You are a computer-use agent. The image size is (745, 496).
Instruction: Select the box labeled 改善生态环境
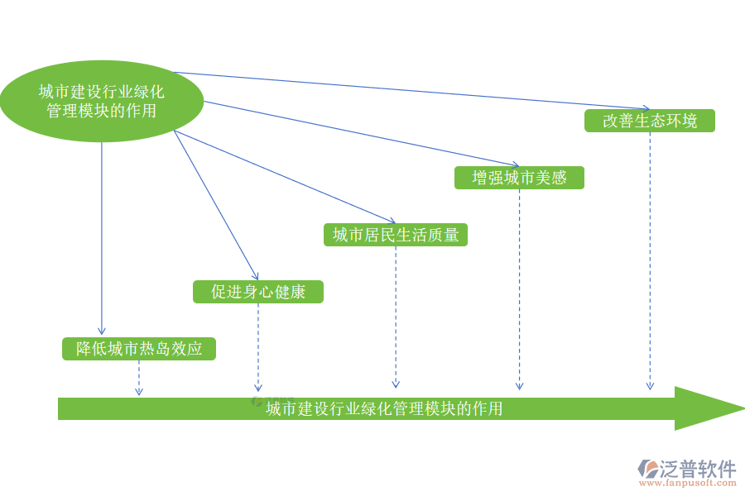tap(649, 121)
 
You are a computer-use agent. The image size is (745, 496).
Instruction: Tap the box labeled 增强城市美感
tap(519, 178)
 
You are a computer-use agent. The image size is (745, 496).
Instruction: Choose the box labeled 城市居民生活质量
tap(396, 235)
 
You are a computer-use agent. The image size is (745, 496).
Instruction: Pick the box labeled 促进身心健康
tap(257, 292)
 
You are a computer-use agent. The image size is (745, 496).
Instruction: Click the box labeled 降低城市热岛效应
tap(139, 349)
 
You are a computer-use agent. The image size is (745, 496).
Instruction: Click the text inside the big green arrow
tap(384, 408)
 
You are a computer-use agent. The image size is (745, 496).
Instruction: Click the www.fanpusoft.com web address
tap(686, 484)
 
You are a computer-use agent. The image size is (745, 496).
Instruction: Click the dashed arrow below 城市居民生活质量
tap(396, 317)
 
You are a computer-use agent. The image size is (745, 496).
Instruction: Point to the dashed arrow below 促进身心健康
tap(258, 347)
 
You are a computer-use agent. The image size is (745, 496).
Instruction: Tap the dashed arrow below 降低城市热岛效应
tap(139, 378)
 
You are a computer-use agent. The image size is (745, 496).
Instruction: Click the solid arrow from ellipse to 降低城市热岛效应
tap(102, 240)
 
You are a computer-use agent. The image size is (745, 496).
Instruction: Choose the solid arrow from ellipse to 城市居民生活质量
tap(281, 174)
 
